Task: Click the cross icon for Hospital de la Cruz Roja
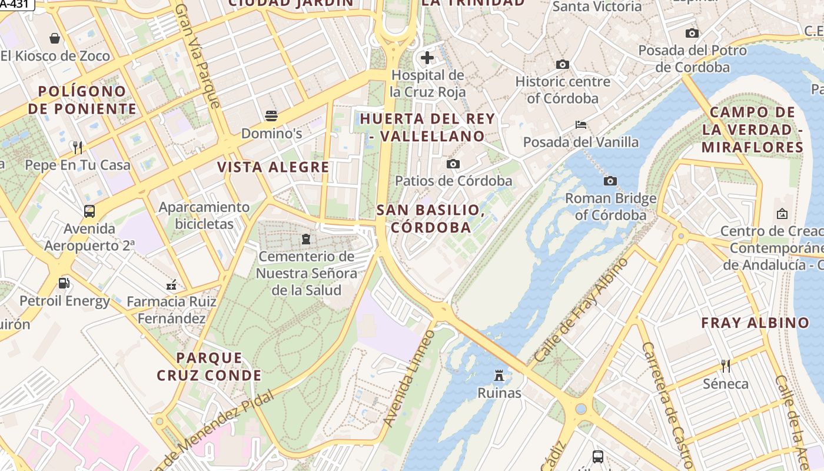(427, 58)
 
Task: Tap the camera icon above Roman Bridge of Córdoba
(610, 181)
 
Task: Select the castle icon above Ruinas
(499, 374)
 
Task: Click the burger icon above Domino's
(271, 115)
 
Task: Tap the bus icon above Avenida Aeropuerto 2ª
(89, 211)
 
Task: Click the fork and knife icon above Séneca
(726, 366)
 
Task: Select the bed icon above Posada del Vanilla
(581, 124)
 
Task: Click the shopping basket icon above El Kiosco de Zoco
(55, 38)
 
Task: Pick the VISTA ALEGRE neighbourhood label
(273, 167)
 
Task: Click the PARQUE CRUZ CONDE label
(209, 366)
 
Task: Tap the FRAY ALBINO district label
(755, 323)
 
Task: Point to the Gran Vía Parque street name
(198, 56)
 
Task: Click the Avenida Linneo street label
(408, 378)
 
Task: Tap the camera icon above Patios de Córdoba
(453, 164)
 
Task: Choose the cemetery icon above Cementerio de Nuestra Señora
(305, 239)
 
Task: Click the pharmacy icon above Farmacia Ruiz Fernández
(171, 285)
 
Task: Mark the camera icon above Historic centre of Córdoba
(562, 64)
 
